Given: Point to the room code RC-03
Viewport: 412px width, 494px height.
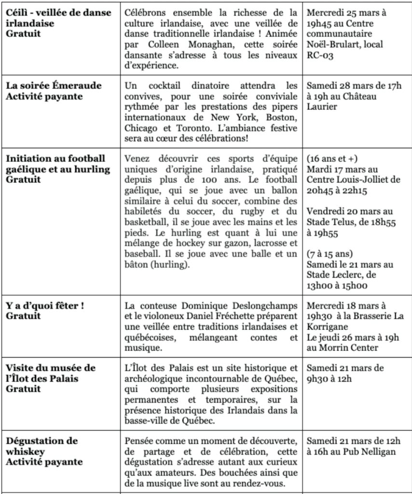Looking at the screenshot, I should pyautogui.click(x=320, y=55).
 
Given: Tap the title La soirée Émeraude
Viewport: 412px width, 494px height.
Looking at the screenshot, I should pyautogui.click(x=54, y=86).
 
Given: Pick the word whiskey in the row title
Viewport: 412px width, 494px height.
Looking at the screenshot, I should pyautogui.click(x=24, y=452).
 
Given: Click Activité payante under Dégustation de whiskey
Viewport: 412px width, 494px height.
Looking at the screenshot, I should pyautogui.click(x=44, y=462).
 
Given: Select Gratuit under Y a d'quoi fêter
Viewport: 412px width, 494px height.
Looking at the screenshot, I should pyautogui.click(x=23, y=316).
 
